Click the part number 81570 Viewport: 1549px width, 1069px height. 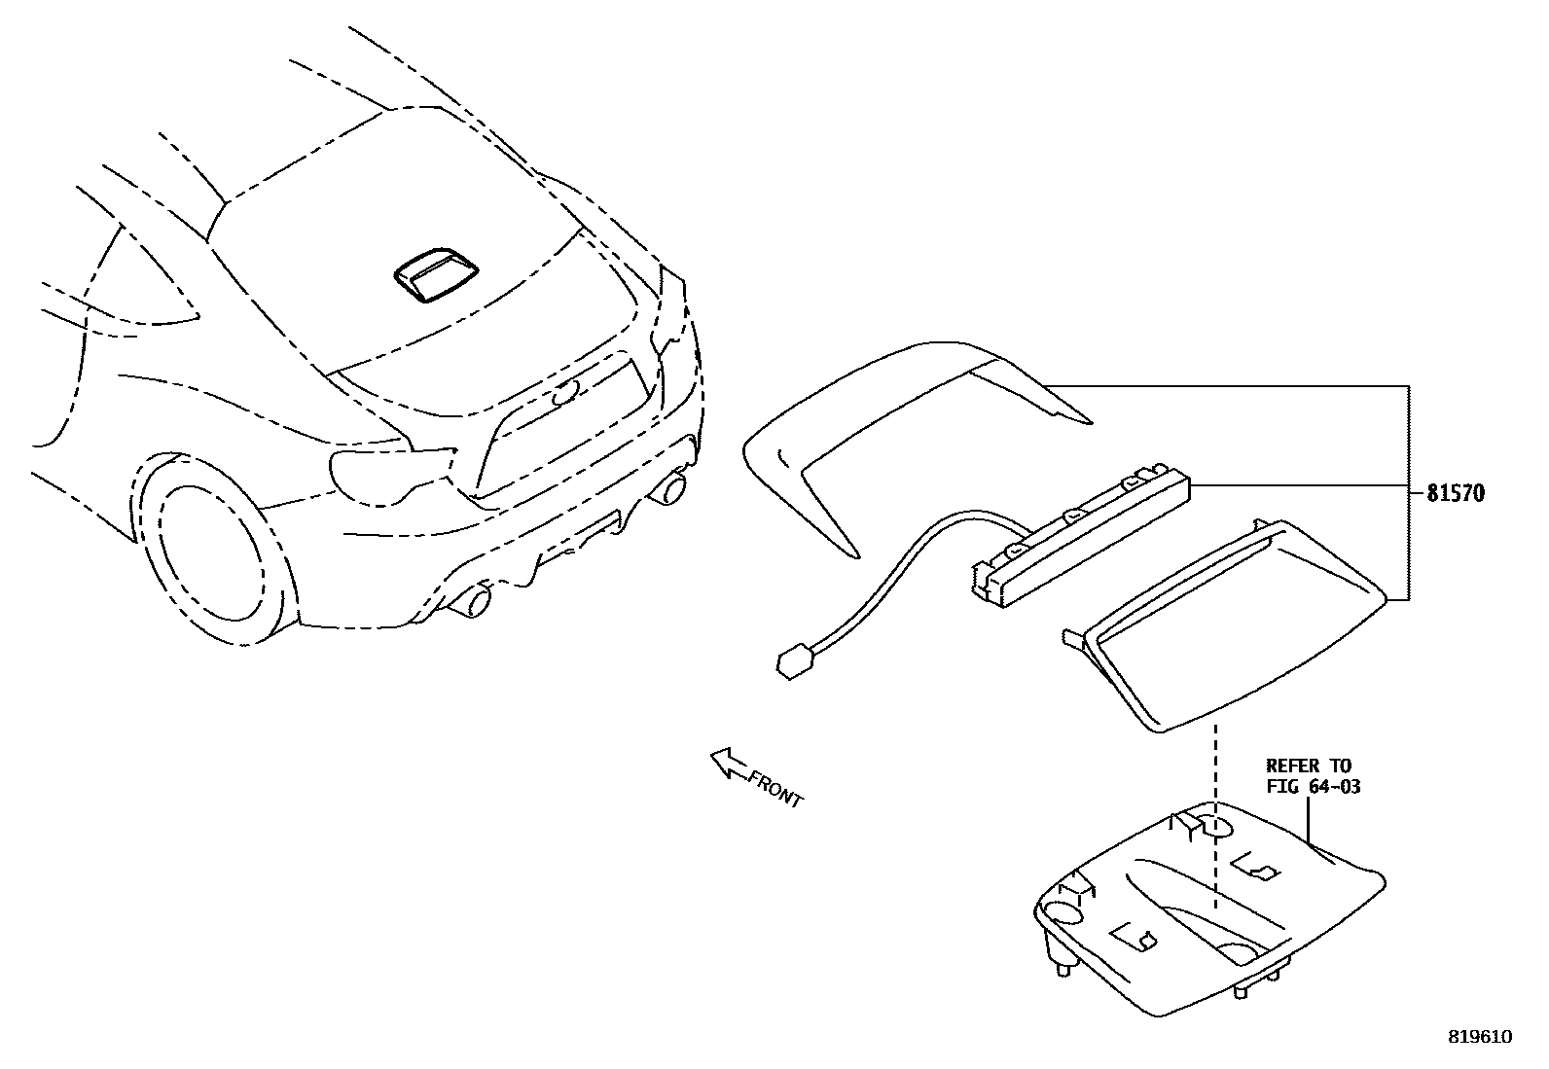[x=1456, y=493]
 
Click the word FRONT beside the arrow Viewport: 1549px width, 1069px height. [x=775, y=788]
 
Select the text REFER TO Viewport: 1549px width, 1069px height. [x=1308, y=766]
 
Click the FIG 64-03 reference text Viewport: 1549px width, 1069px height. [x=1313, y=786]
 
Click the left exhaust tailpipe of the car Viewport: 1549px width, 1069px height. [x=474, y=602]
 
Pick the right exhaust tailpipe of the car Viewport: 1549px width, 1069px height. [x=670, y=487]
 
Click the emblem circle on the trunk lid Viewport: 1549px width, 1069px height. [x=562, y=393]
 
